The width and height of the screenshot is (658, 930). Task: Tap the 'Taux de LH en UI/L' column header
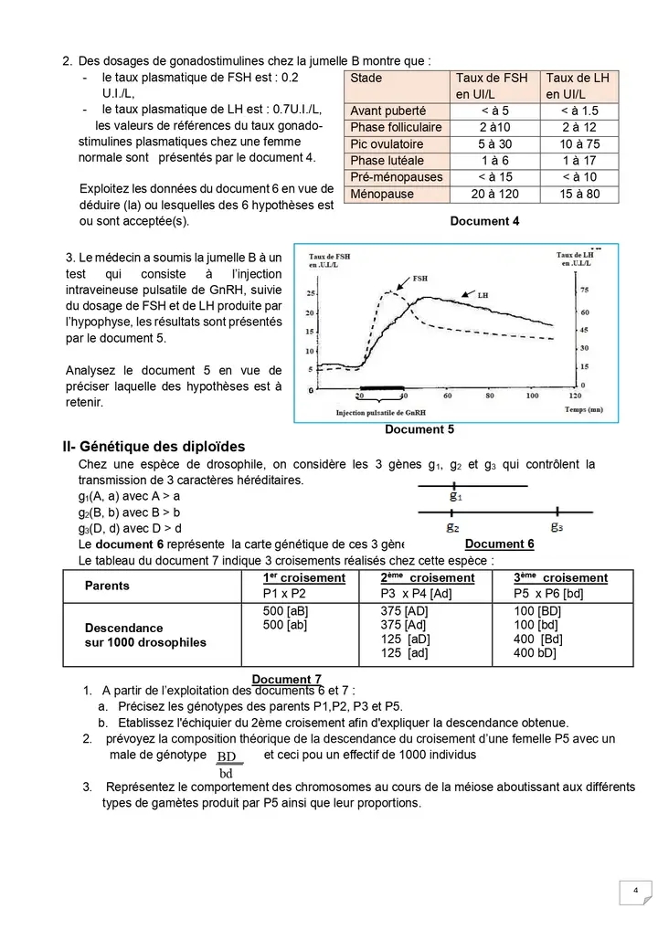578,87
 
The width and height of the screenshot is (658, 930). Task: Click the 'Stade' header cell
366,79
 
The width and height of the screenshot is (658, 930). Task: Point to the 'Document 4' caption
484,221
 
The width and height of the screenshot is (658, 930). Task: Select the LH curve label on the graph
483,295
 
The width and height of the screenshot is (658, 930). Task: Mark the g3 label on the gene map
557,527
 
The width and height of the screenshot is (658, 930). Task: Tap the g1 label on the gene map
455,497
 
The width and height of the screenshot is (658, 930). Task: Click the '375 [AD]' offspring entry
404,610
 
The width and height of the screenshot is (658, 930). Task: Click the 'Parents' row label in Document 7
107,586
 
